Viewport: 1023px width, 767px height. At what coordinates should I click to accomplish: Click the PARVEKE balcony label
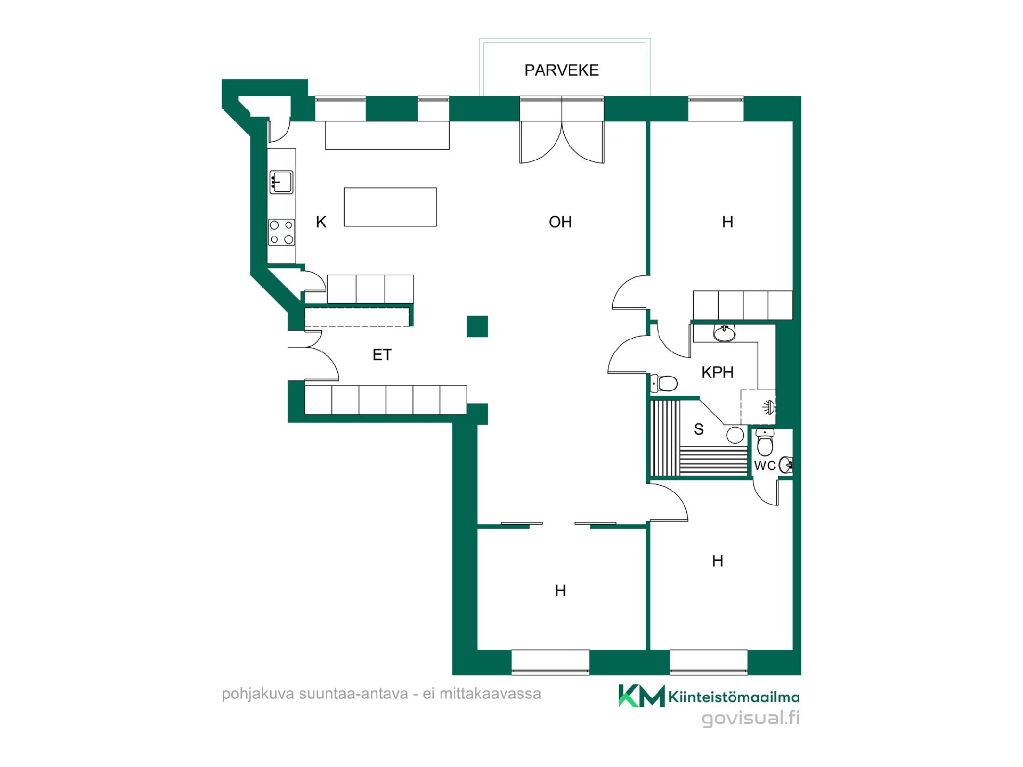[562, 70]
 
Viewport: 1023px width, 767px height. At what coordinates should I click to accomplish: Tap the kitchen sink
[281, 182]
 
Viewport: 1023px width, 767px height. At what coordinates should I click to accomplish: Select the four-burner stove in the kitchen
[281, 233]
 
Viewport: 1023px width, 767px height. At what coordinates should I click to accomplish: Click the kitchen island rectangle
[390, 207]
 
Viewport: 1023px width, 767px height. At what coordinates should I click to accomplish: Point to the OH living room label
[560, 222]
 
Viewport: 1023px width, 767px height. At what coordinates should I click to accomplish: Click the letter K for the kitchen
[321, 222]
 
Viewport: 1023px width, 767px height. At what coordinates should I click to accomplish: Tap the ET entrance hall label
[382, 355]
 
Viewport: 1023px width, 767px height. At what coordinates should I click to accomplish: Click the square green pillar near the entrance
[477, 327]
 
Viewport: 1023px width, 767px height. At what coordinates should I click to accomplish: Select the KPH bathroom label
[717, 372]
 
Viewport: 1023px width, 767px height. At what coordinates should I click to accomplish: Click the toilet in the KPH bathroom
[663, 383]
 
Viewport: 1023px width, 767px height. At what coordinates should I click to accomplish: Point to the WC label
[765, 466]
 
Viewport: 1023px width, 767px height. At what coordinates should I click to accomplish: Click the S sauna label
[699, 429]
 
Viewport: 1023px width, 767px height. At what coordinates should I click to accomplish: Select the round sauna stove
[735, 435]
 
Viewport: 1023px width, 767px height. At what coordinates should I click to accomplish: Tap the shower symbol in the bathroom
[768, 407]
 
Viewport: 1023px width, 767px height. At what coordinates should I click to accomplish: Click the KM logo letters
[642, 696]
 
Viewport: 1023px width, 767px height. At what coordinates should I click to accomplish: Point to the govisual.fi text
[751, 718]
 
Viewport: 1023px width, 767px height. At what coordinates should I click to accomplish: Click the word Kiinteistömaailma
[734, 697]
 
